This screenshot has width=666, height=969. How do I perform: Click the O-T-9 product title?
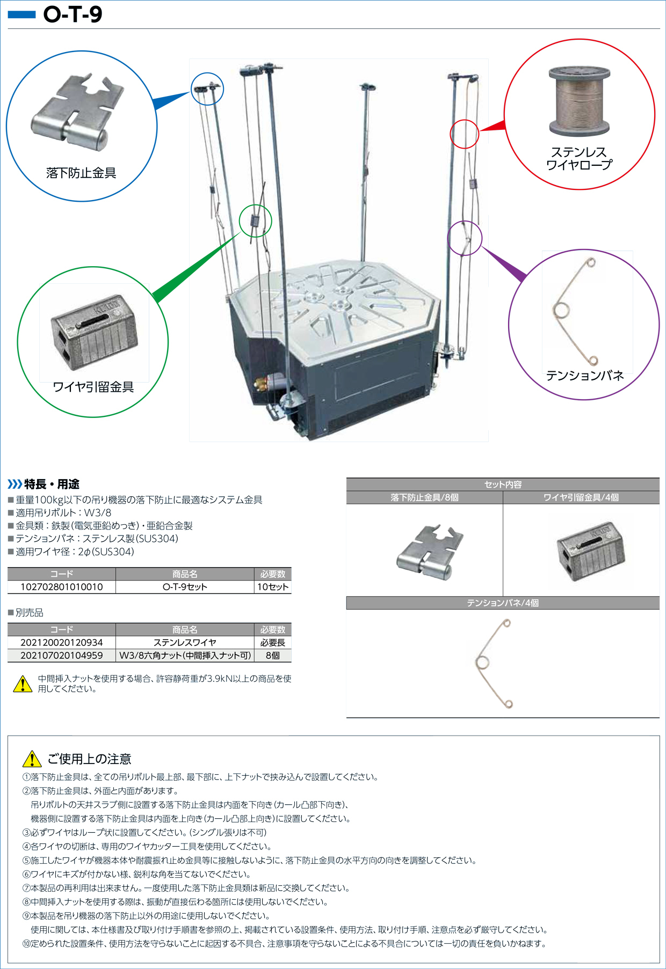tap(73, 14)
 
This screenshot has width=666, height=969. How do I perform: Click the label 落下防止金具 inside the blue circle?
tap(81, 173)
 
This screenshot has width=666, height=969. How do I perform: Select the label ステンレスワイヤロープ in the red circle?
tap(579, 158)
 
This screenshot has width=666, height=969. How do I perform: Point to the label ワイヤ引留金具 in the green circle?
tap(93, 387)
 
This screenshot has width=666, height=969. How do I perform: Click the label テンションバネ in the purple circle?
tap(585, 376)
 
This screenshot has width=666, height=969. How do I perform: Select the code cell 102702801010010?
tap(62, 587)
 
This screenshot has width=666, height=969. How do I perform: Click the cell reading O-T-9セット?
tap(185, 587)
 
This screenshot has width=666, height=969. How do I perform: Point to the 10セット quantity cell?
tap(273, 587)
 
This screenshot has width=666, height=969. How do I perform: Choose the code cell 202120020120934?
tap(62, 642)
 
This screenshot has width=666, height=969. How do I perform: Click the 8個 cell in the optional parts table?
tap(273, 656)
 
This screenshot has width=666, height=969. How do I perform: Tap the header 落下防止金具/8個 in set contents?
tap(424, 497)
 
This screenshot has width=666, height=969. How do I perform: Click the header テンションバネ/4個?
tap(503, 603)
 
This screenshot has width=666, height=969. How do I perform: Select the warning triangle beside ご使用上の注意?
tap(32, 759)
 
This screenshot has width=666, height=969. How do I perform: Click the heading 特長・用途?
tap(52, 484)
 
